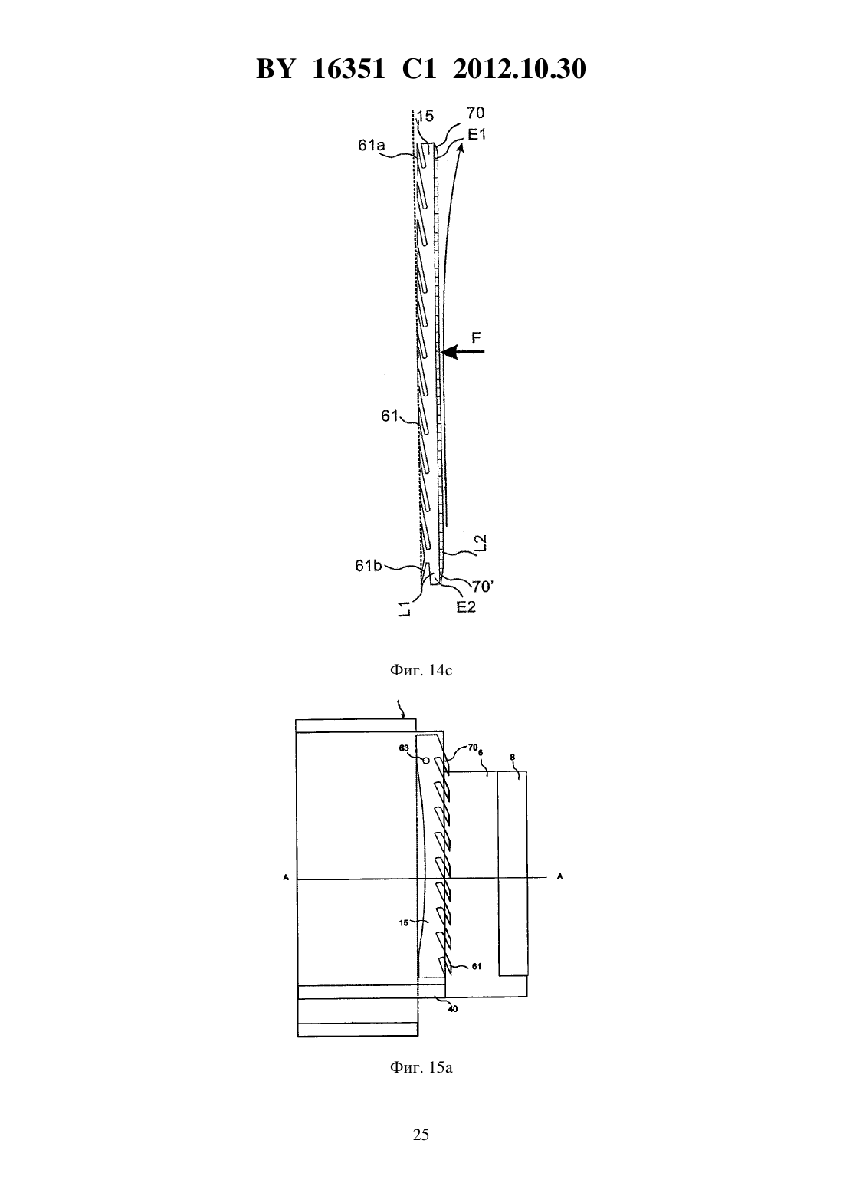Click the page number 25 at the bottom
(421, 1135)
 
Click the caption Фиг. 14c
(421, 670)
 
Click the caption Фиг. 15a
(421, 1067)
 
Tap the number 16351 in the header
(349, 69)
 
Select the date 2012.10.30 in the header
(520, 69)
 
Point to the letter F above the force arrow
(477, 337)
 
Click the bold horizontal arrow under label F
(462, 351)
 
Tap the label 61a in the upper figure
(372, 145)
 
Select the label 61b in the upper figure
(369, 566)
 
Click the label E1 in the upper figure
(477, 134)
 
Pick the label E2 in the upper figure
(466, 606)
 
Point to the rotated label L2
(481, 544)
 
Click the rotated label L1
(405, 608)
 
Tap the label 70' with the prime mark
(483, 587)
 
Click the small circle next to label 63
(426, 761)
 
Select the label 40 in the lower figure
(452, 1009)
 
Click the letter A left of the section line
(286, 876)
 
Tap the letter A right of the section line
(559, 876)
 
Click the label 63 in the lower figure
(404, 748)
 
